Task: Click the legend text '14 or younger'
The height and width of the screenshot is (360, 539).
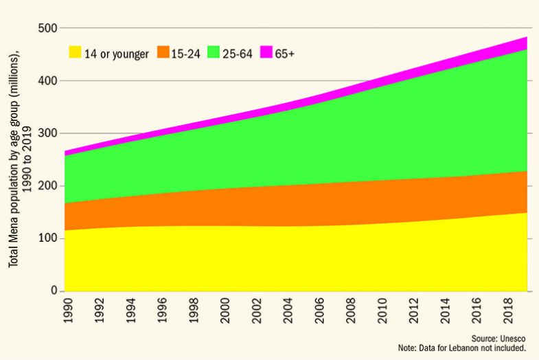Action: (x=116, y=54)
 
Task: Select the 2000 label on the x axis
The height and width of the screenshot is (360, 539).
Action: (x=225, y=311)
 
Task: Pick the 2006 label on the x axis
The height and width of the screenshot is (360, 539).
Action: (x=320, y=311)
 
